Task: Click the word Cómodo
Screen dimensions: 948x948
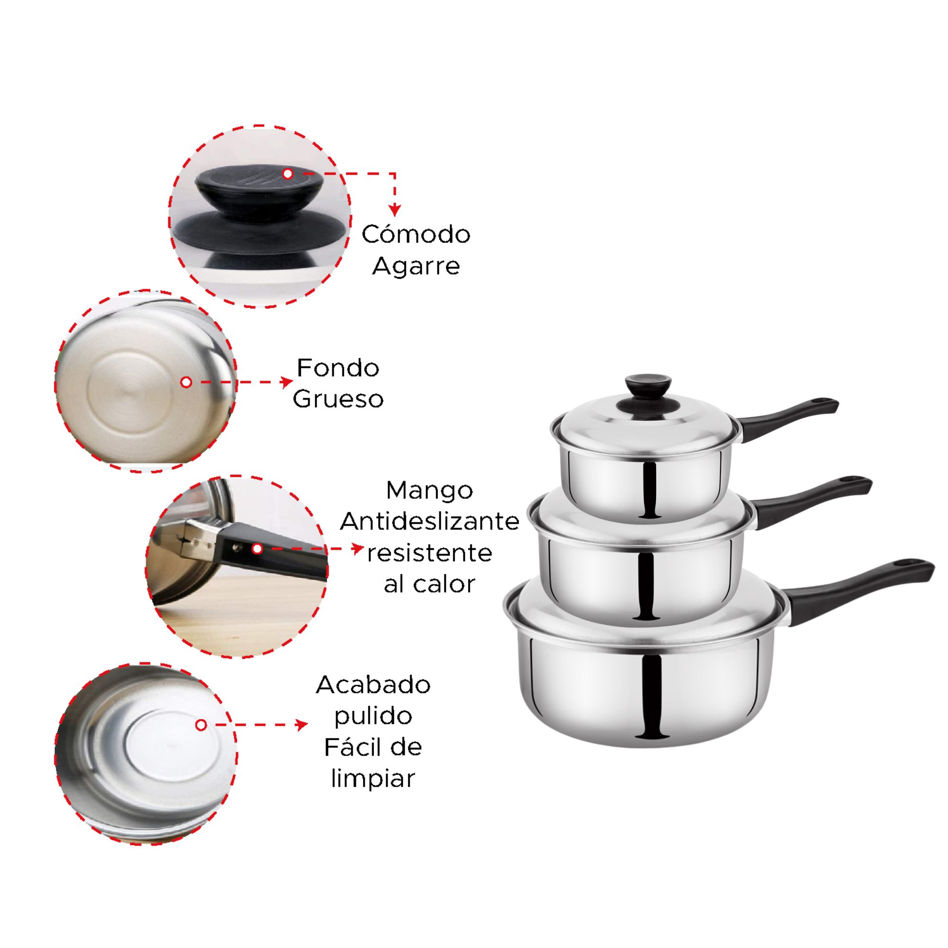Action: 416,234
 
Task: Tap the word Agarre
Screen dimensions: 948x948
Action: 416,266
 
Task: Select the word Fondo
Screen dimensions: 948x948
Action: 338,367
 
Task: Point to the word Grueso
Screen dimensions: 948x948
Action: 338,399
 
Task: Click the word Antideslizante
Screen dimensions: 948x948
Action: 429,521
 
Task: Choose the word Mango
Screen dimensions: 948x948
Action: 429,490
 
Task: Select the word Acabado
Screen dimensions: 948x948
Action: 373,684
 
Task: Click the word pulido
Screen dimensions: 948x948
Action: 373,716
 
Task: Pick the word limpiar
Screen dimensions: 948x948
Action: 373,779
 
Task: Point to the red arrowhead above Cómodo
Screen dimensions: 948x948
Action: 394,210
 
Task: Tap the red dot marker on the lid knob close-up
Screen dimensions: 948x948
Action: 288,173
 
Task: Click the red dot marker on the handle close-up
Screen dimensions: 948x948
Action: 257,549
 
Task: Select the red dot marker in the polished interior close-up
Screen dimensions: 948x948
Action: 201,725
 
